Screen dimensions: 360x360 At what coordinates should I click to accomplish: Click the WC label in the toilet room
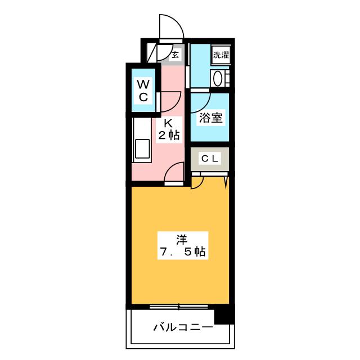point(143,90)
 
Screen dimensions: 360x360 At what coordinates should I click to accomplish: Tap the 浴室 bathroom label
point(211,118)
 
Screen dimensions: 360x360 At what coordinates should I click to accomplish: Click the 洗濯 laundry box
point(220,55)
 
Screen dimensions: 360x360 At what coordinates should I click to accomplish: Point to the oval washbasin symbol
point(218,78)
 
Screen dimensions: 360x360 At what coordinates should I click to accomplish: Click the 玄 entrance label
point(175,55)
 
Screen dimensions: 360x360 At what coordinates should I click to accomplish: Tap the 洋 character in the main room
point(181,239)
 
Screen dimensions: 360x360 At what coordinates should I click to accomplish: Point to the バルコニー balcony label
point(183,327)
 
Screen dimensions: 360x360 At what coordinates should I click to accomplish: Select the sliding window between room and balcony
point(179,307)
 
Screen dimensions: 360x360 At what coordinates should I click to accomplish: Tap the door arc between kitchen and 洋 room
point(175,172)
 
